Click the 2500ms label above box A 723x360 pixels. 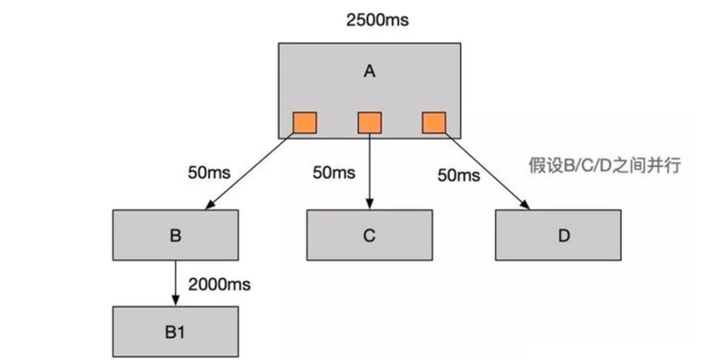(x=377, y=20)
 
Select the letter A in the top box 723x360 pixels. (x=370, y=71)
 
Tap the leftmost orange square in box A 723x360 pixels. (x=305, y=122)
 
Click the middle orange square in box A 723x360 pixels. (x=370, y=122)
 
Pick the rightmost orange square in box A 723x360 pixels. (x=434, y=122)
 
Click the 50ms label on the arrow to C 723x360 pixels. (x=333, y=172)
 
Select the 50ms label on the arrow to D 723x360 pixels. (x=459, y=175)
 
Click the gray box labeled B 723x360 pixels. (x=175, y=235)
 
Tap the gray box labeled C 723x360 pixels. (x=369, y=235)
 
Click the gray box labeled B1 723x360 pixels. (x=175, y=332)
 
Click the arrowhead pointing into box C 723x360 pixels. (x=370, y=203)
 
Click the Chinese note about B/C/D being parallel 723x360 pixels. (x=604, y=166)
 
